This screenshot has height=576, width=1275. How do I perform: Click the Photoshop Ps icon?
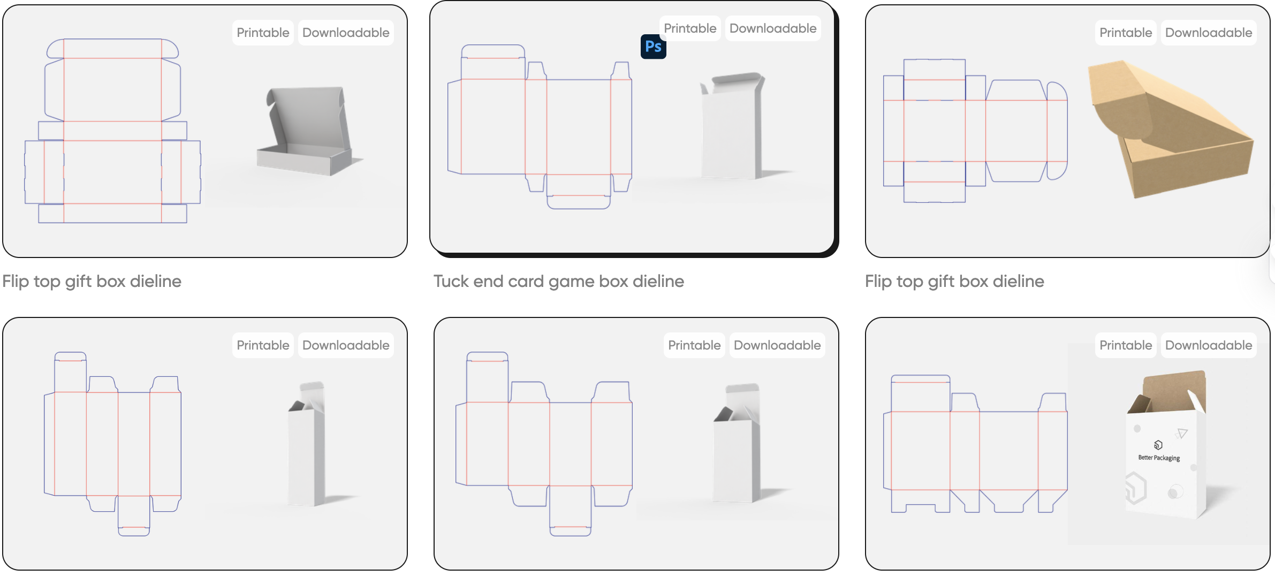tap(653, 47)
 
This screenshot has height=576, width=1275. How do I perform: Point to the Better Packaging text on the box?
tap(1159, 458)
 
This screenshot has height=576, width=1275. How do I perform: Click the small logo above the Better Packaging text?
tap(1158, 445)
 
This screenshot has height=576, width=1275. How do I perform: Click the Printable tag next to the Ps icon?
tap(690, 28)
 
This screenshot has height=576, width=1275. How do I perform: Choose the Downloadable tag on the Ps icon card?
tap(773, 28)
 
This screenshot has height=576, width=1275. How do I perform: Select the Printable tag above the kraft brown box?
tap(1126, 33)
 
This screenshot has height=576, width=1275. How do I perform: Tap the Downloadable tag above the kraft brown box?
tap(1209, 33)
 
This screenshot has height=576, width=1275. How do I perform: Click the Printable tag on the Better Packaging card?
tap(1126, 345)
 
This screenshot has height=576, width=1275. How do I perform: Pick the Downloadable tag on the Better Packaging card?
tap(1209, 345)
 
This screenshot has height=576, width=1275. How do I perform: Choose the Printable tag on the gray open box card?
tap(263, 33)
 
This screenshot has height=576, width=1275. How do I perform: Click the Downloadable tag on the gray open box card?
tap(346, 33)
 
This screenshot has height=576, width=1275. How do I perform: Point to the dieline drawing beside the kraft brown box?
tap(974, 131)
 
